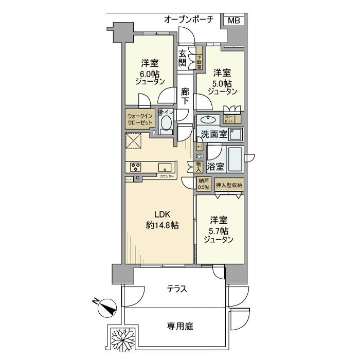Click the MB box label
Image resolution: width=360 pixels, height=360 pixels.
[x=234, y=21]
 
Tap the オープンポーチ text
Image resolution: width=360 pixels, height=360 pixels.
[x=188, y=20]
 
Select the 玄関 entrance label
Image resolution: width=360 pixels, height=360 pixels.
[x=183, y=57]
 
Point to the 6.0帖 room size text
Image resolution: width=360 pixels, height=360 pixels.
[x=150, y=74]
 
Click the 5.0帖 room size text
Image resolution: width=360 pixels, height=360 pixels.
[x=222, y=82]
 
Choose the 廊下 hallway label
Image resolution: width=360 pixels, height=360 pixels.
[x=185, y=97]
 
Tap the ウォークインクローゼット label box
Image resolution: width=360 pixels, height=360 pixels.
[x=140, y=120]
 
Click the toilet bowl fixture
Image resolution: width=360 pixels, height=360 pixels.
[x=166, y=123]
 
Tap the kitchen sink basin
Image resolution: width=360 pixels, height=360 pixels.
[x=165, y=167]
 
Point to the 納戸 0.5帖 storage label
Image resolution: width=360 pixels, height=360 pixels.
[x=204, y=184]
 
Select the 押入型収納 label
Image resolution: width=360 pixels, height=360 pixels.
[x=229, y=185]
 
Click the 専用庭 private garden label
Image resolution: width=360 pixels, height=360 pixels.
[x=179, y=326]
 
